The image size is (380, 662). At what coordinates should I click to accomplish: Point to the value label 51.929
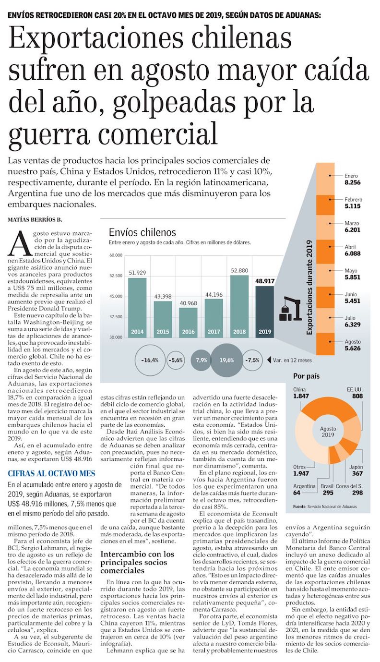click(137, 273)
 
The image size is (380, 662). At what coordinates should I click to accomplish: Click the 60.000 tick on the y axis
click(117, 255)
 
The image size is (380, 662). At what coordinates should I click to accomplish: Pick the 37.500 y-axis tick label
click(117, 316)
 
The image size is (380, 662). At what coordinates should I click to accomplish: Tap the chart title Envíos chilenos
click(142, 233)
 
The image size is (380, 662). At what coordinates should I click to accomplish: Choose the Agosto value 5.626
click(352, 349)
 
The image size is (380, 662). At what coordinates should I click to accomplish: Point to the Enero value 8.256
click(352, 183)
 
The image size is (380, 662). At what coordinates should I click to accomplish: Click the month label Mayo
click(351, 271)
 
